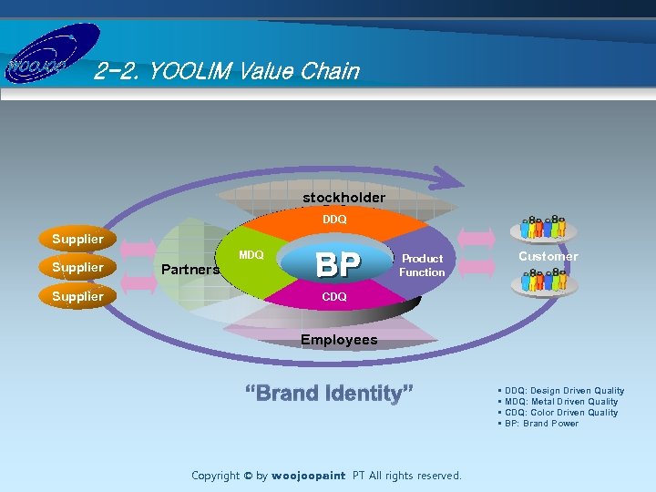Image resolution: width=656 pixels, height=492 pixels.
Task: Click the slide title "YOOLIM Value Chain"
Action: point(227,71)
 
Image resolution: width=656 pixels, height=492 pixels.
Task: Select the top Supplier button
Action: point(77,239)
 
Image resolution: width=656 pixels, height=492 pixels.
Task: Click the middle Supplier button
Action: point(77,267)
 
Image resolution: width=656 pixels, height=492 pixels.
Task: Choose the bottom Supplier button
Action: point(77,296)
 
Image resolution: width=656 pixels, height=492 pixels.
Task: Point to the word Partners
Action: point(190,270)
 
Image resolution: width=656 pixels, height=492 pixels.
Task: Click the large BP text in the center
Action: point(337,265)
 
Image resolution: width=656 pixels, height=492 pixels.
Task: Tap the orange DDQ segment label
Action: point(334,220)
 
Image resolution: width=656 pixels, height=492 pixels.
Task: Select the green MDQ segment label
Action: point(251,255)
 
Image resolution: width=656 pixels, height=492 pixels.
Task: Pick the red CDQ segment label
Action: point(334,297)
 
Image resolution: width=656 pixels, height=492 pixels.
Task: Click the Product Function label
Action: point(422,265)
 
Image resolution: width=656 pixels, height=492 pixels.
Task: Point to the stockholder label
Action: point(343,197)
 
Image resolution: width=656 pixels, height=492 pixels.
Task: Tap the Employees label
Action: point(339,340)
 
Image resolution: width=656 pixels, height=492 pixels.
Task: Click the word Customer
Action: point(548,256)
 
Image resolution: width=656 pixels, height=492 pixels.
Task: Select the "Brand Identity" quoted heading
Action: point(329,394)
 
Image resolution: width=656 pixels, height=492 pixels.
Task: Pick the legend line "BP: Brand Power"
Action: point(540,424)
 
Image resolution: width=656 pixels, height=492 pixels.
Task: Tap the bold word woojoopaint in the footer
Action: point(309,476)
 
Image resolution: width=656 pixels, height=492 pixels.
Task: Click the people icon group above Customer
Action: point(544,227)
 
